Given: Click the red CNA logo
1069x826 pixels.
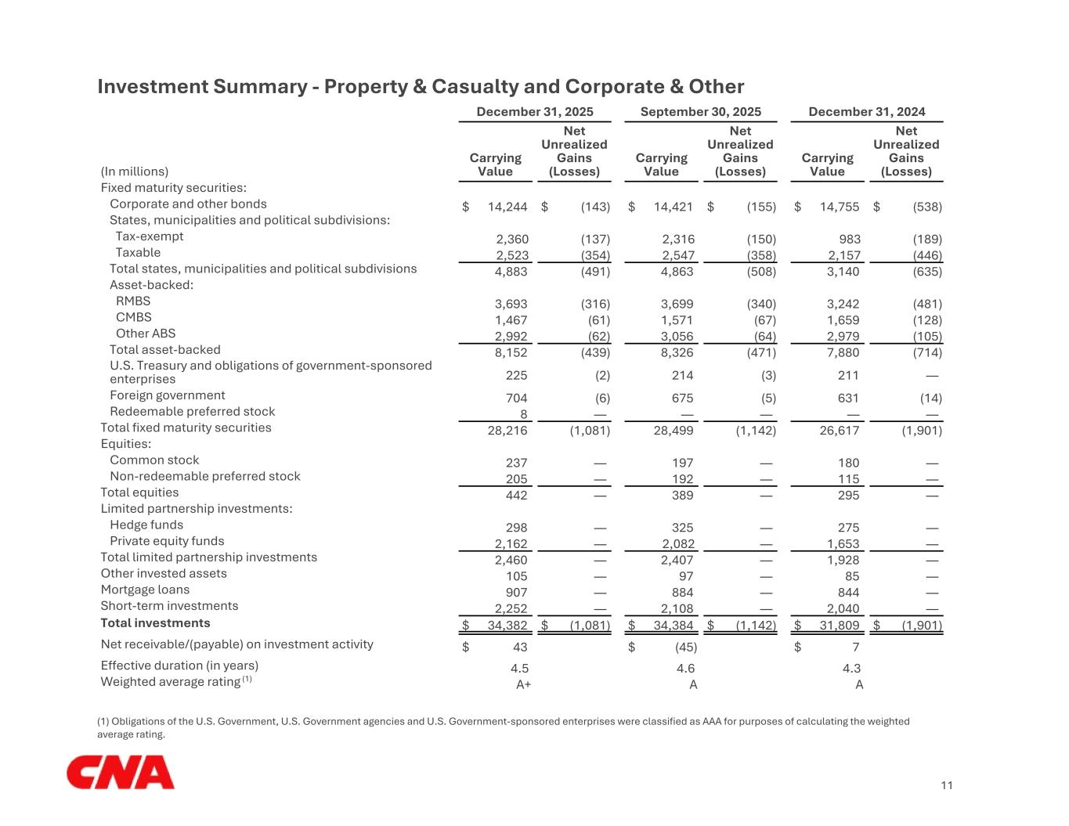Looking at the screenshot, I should (x=121, y=772).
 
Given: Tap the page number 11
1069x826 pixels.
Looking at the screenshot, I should (x=947, y=785).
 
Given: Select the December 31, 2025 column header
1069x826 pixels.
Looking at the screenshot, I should (x=535, y=112).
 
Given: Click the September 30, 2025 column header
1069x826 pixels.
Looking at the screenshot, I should (x=701, y=112).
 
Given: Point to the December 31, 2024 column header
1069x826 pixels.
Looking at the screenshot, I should (x=867, y=112).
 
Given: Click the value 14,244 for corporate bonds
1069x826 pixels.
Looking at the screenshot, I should (x=507, y=207).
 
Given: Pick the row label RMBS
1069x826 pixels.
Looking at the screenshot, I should (x=133, y=301).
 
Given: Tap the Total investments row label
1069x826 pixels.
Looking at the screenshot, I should (x=155, y=623).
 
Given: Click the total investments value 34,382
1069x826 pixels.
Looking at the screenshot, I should (x=507, y=626).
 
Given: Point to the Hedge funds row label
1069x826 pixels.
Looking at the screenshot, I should (x=146, y=525).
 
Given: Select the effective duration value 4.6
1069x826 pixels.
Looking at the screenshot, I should (x=685, y=669).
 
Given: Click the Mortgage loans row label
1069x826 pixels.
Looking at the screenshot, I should (x=145, y=590).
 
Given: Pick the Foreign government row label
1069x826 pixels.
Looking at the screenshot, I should (x=167, y=395).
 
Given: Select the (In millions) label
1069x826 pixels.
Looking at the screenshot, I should (x=135, y=171).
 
